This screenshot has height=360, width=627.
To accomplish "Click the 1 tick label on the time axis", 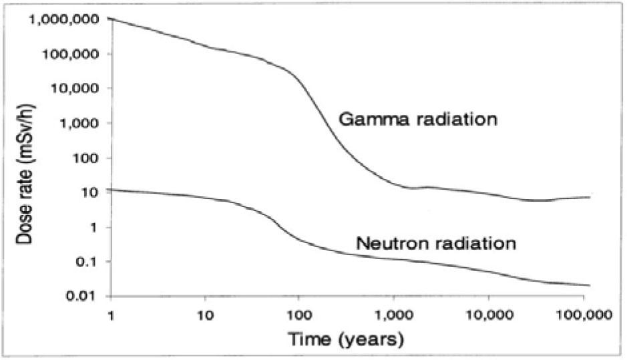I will click(110, 314).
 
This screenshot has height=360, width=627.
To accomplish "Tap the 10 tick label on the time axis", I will click(206, 314).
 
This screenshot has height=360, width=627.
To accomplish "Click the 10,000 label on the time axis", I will click(489, 314).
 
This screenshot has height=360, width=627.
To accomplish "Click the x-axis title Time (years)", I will click(346, 340).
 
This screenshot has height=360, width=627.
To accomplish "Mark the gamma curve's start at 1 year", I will click(111, 19).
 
